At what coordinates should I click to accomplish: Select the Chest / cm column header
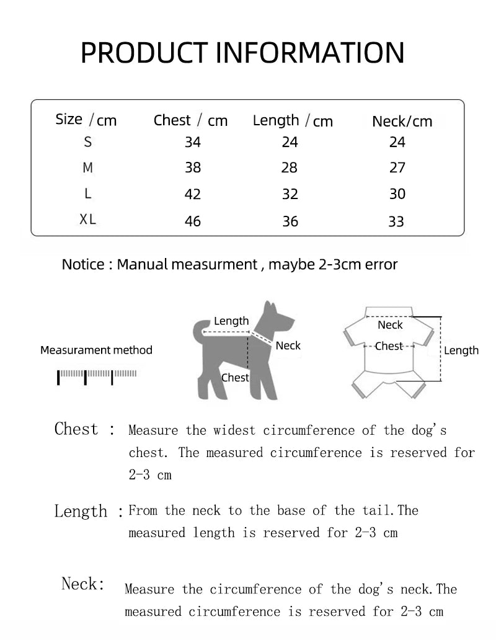(x=190, y=120)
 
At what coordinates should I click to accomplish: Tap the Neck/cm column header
(x=402, y=122)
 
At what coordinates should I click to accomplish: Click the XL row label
(x=88, y=220)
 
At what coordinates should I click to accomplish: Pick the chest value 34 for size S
(x=193, y=143)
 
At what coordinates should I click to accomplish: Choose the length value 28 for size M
(x=290, y=168)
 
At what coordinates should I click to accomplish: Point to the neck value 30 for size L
(x=397, y=194)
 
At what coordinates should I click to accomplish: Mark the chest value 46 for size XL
(x=193, y=221)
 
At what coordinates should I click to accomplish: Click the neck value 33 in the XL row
(x=396, y=221)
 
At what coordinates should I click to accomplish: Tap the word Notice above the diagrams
(x=83, y=265)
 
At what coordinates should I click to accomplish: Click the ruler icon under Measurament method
(x=97, y=376)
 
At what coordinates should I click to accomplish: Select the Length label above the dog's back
(x=231, y=321)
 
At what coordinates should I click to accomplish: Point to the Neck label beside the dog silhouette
(x=288, y=346)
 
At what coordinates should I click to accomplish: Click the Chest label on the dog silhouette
(x=235, y=378)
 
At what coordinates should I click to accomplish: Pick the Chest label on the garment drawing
(x=389, y=347)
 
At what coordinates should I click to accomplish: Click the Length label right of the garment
(x=461, y=351)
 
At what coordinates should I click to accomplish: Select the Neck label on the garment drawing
(x=390, y=325)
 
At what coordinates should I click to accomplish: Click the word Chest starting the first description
(x=76, y=429)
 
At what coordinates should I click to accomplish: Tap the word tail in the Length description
(x=374, y=510)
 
